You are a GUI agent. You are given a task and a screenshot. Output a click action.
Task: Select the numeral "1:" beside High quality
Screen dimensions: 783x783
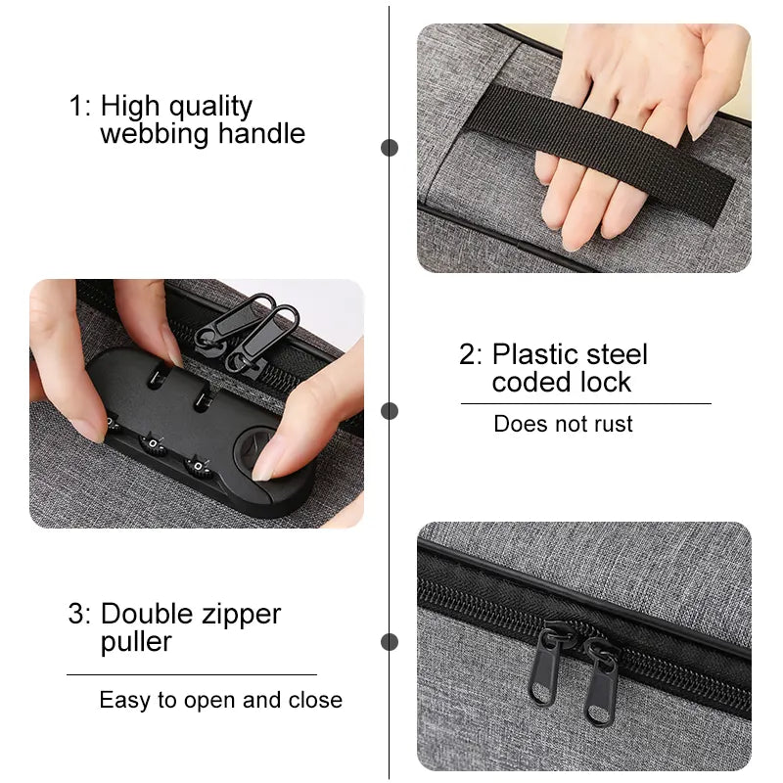click(80, 106)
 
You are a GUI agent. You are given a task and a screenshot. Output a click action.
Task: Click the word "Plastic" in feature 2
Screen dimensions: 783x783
click(534, 354)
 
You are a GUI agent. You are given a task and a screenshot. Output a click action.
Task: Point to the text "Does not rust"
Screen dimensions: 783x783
click(563, 424)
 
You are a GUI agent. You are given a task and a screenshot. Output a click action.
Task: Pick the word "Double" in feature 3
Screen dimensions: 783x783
click(148, 614)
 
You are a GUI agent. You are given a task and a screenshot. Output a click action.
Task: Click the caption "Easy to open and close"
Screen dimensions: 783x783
click(221, 700)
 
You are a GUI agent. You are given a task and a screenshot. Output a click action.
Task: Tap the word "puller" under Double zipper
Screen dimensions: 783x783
click(136, 643)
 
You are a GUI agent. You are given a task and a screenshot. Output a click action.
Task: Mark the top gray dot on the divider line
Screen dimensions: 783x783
click(390, 148)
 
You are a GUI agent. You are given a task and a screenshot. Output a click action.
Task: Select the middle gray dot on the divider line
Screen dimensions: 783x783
click(390, 411)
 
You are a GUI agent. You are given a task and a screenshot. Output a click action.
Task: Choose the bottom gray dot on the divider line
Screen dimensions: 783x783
click(390, 642)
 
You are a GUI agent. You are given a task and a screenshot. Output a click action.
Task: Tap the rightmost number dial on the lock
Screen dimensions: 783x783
click(198, 467)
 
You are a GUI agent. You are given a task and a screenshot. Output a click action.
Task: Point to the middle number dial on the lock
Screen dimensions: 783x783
click(152, 443)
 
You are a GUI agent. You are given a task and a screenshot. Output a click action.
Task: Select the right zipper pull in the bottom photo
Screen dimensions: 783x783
click(601, 682)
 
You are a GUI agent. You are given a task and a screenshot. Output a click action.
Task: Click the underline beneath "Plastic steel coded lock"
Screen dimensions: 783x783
click(585, 403)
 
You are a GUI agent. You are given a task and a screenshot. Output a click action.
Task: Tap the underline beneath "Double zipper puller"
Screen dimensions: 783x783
click(192, 674)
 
